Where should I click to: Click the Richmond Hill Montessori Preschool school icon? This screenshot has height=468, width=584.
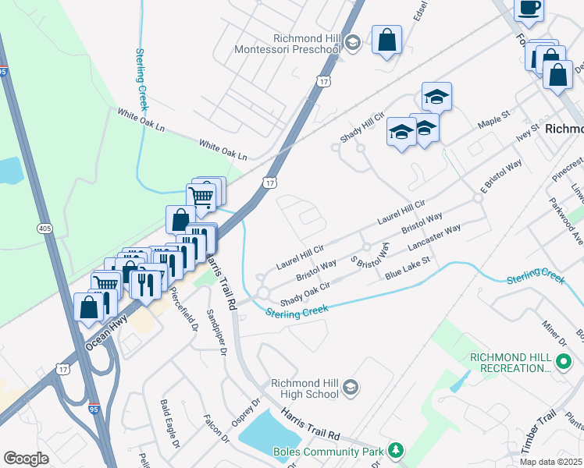click(x=352, y=42)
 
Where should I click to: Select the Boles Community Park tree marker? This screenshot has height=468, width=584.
click(x=397, y=450)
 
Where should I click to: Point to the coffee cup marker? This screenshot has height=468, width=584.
click(x=529, y=9)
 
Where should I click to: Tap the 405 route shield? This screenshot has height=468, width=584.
click(x=45, y=228)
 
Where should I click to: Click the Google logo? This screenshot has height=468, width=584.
click(x=26, y=459)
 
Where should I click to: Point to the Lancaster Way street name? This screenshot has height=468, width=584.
click(x=434, y=239)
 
